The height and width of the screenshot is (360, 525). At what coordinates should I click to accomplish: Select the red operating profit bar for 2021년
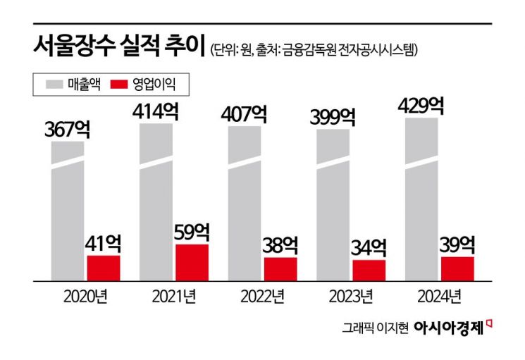coord(192,262)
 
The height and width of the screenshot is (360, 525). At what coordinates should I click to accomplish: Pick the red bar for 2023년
coord(369,270)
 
